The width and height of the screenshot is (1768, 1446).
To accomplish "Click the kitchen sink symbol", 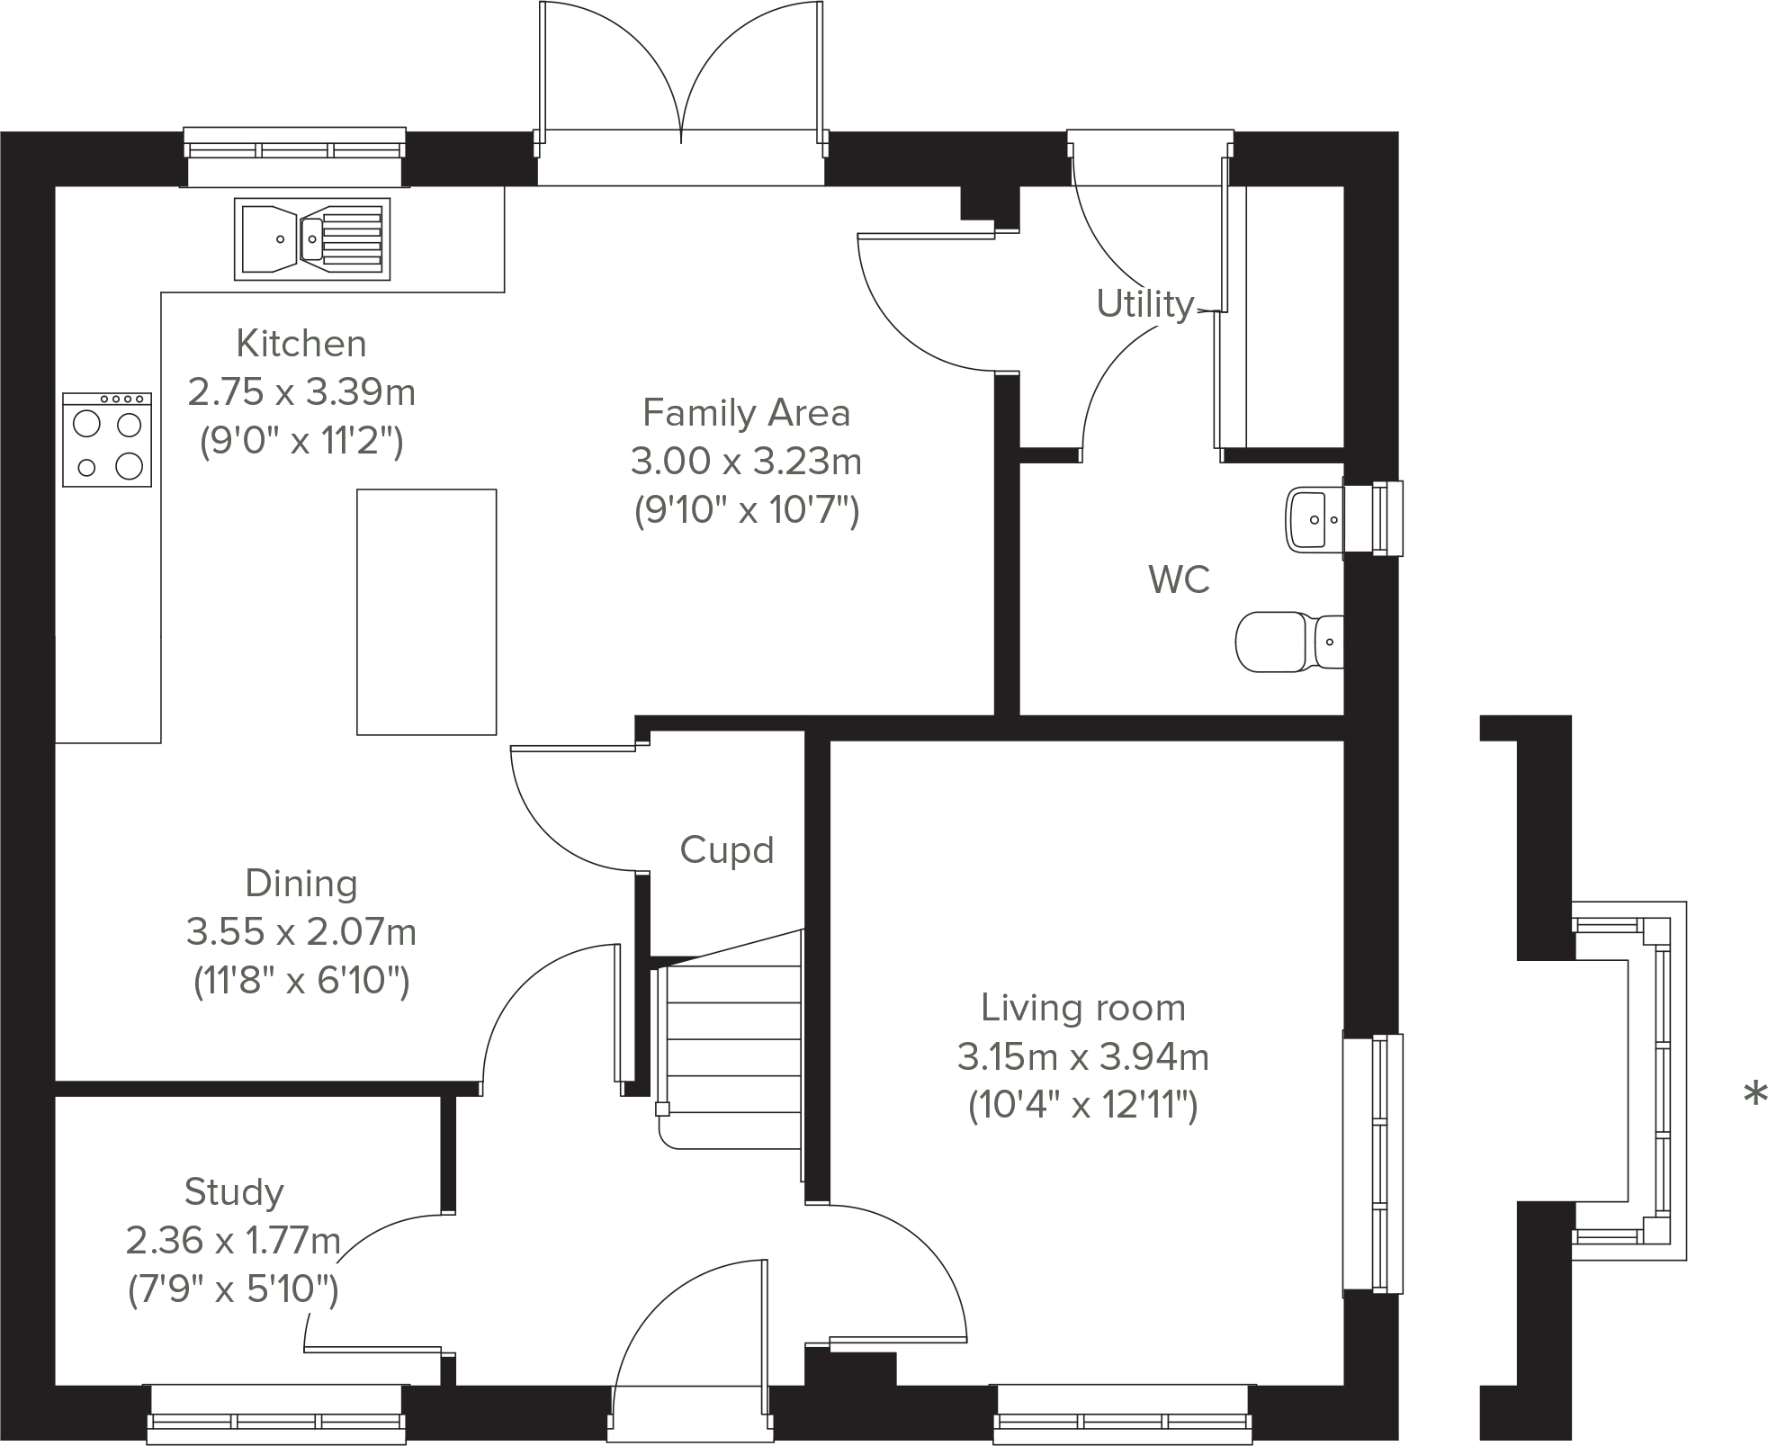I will pos(312,238).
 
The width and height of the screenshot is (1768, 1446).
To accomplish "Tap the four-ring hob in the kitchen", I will pos(107,440).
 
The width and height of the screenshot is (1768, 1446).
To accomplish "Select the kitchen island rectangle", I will pos(426,612).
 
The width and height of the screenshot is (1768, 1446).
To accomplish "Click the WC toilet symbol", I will pos(1288,642).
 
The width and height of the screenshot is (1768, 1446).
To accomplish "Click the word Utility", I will pos(1144,304).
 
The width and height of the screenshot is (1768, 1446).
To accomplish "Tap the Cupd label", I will pos(726,850).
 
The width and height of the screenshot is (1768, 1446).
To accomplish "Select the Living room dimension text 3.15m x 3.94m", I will pos(1082,1056).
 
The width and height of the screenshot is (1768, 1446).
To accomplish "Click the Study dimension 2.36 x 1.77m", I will pos(233,1241).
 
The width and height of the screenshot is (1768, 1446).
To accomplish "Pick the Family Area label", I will pos(746,413).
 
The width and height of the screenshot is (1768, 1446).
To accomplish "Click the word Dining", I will pos(301,883).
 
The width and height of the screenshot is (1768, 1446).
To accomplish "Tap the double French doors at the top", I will pos(681,81).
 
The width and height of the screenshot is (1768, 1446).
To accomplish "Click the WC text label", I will pos(1179,580).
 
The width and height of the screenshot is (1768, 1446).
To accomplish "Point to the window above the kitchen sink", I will pos(294,149).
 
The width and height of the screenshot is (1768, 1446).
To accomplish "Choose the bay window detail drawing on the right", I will pos(1629,1080).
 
